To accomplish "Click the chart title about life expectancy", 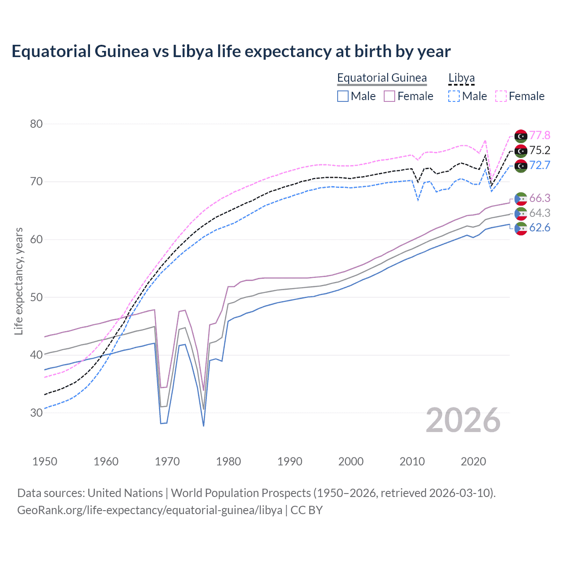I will (x=231, y=51).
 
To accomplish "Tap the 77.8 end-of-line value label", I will (x=540, y=135).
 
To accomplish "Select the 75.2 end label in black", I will (x=540, y=150).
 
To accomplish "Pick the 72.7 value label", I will (x=540, y=165).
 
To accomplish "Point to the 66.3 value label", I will (x=540, y=198).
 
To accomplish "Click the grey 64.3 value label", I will (x=540, y=213).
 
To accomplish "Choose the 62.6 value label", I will (x=540, y=227).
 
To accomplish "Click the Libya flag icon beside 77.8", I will (x=521, y=136).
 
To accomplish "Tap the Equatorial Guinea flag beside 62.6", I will (x=521, y=228).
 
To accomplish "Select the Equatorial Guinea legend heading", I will (x=382, y=78).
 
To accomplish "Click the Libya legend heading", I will (x=461, y=78).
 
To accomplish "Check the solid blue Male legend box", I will (x=343, y=96).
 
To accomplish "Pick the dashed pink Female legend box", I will (x=501, y=96).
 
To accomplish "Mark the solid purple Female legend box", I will (x=389, y=96).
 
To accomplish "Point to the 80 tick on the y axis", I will (x=36, y=124).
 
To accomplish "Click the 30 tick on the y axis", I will (x=36, y=413).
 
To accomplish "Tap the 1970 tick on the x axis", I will (x=167, y=461).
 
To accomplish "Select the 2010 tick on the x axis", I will (x=412, y=461).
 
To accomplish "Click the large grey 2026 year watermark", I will (x=463, y=420).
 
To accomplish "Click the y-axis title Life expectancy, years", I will (x=18, y=281).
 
